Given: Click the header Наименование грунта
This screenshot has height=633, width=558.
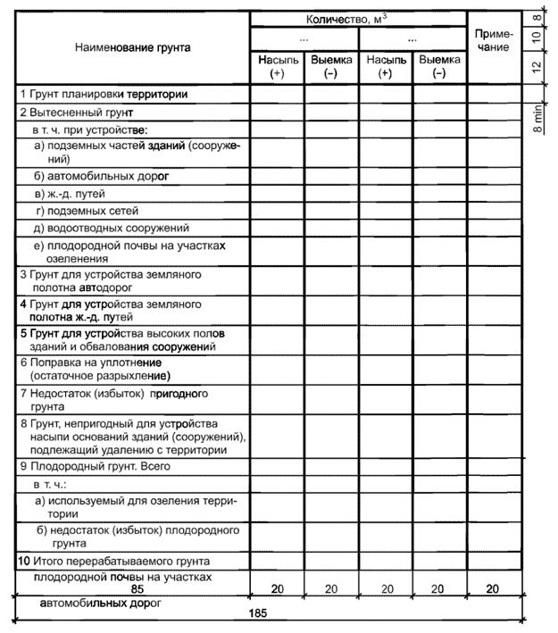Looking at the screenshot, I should pyautogui.click(x=131, y=46).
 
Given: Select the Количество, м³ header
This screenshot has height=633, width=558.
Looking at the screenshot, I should pyautogui.click(x=357, y=17).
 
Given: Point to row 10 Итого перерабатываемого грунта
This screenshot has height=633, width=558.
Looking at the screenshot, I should pyautogui.click(x=114, y=562).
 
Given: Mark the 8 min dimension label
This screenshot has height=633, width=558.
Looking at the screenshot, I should pyautogui.click(x=538, y=118).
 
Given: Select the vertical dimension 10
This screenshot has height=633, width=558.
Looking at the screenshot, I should pyautogui.click(x=539, y=37).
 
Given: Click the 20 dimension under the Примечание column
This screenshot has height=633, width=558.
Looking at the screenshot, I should pyautogui.click(x=494, y=589).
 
